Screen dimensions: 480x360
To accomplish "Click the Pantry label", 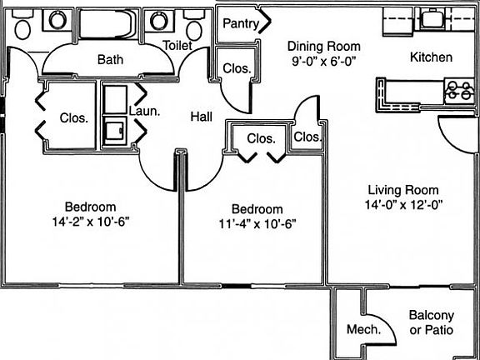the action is click(241, 23).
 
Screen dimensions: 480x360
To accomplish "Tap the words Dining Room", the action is click(324, 47).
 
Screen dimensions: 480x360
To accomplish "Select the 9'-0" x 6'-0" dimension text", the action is click(324, 62).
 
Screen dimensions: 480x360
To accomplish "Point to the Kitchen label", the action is click(431, 57).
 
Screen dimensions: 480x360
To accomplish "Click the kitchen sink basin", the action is click(432, 19).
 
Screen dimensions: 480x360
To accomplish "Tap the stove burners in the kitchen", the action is click(459, 91).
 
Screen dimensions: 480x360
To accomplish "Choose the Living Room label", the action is click(403, 190).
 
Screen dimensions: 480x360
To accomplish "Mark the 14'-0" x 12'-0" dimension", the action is click(403, 204).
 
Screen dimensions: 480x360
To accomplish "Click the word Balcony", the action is click(432, 315).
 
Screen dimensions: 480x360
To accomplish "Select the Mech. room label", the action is click(363, 329).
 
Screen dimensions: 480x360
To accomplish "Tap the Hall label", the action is click(202, 117).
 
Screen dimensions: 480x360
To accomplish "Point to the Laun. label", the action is click(144, 111).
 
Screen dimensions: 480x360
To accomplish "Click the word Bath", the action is click(110, 59).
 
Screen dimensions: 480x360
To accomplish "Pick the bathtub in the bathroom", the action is click(107, 24).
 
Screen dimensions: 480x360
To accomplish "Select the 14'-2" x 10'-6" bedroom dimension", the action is click(91, 222).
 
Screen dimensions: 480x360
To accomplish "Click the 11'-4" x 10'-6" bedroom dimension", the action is click(257, 224).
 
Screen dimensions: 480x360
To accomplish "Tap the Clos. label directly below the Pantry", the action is click(237, 68).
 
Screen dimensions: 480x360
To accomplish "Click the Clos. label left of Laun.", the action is click(74, 117).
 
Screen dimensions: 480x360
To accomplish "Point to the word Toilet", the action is click(177, 46).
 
